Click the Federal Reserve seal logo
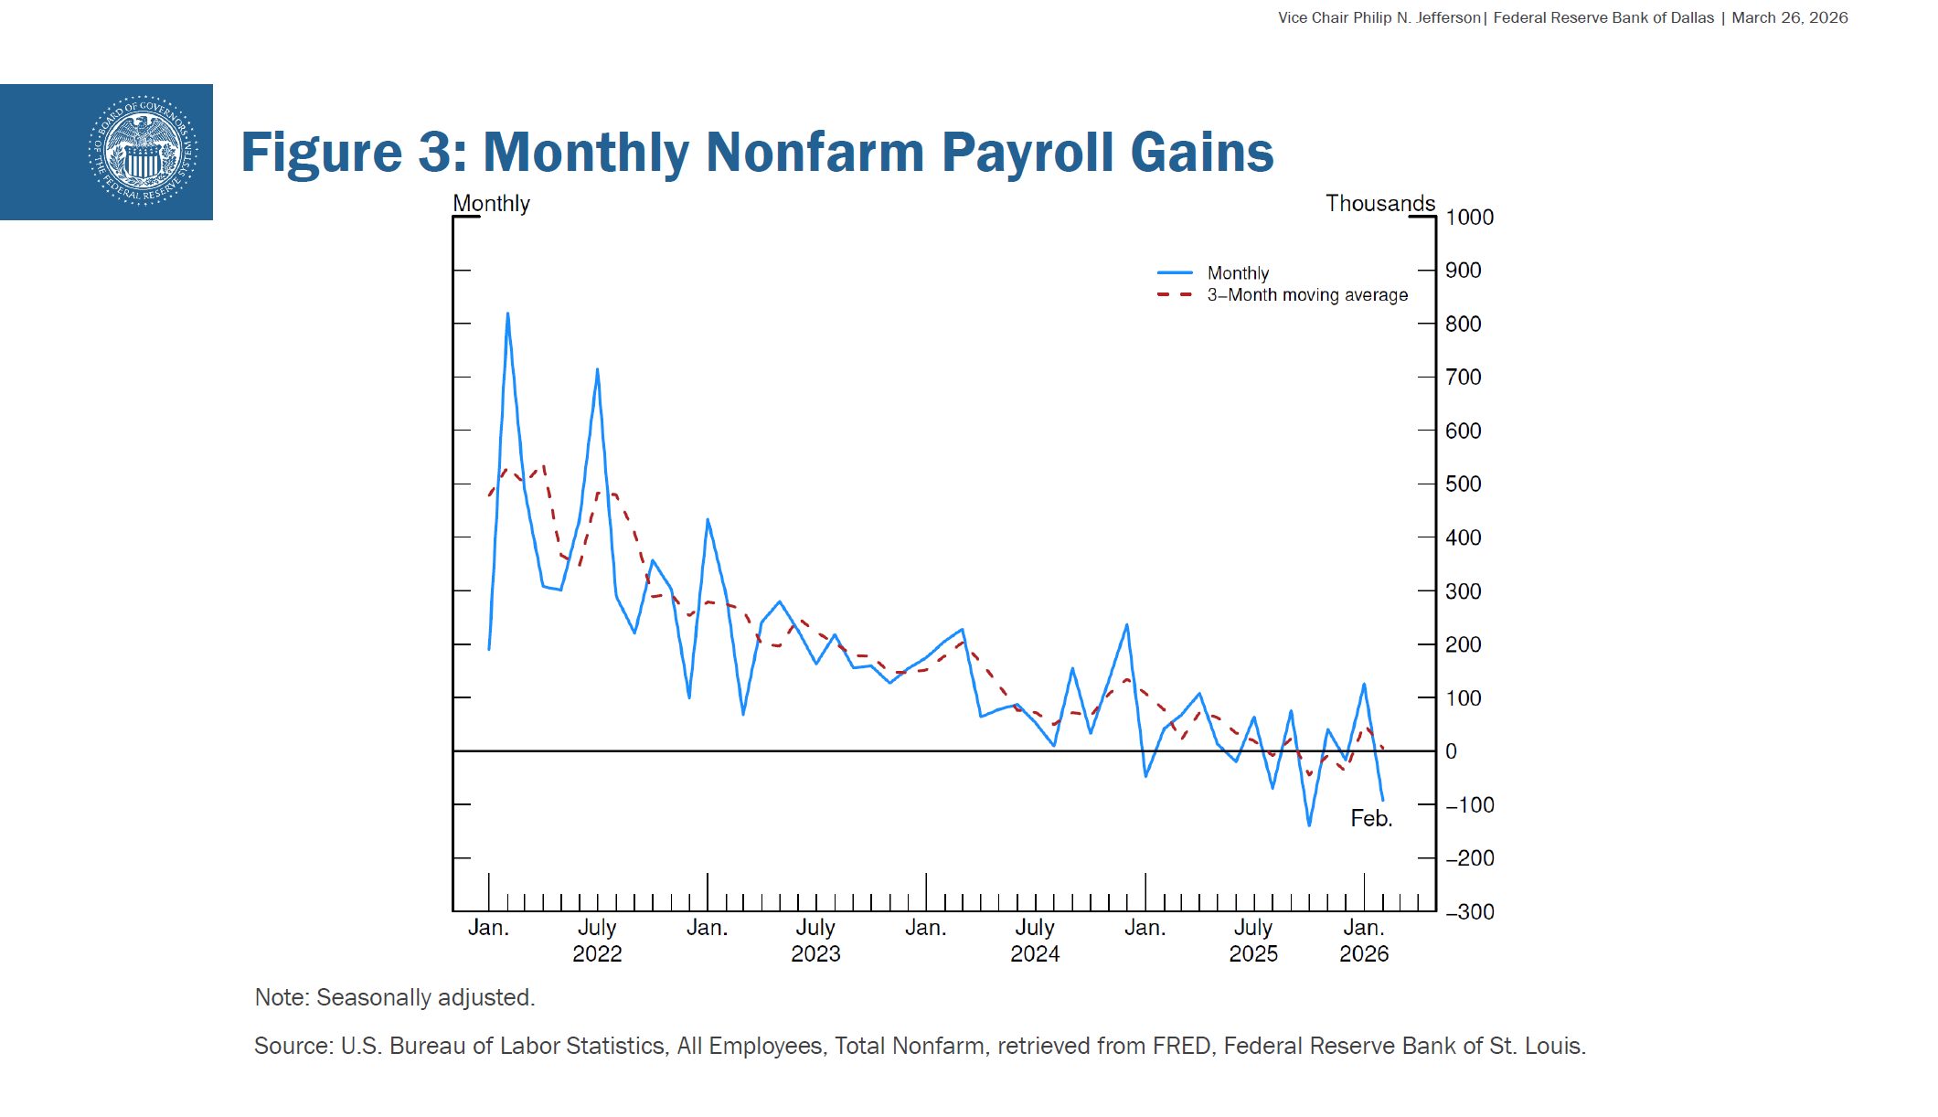click(x=143, y=151)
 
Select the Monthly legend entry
click(x=1238, y=273)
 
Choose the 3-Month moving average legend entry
click(x=1306, y=295)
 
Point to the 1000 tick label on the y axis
click(x=1469, y=218)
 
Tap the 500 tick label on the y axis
click(x=1463, y=484)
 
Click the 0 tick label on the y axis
click(x=1451, y=751)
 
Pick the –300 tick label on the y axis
click(x=1469, y=912)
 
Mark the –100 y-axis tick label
click(x=1469, y=805)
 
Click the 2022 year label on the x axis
click(x=597, y=954)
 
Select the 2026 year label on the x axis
click(x=1364, y=954)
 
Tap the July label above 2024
click(x=1035, y=928)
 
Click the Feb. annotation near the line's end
click(x=1371, y=819)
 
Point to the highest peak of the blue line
click(x=507, y=314)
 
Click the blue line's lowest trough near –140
click(x=1309, y=824)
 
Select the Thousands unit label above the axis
click(x=1380, y=204)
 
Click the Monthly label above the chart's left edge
click(x=491, y=204)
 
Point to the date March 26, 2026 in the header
click(x=1789, y=18)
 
